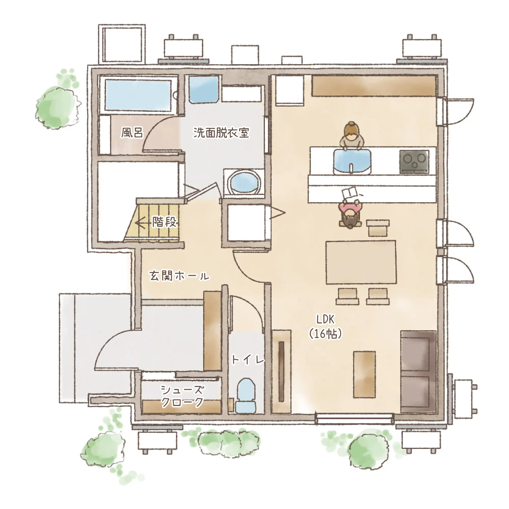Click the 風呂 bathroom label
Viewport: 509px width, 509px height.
(132, 132)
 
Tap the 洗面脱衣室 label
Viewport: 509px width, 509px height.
(221, 132)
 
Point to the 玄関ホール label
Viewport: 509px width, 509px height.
(179, 276)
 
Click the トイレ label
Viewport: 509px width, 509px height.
(248, 360)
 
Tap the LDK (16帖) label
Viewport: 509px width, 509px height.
(326, 327)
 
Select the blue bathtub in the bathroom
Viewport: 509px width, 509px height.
(138, 95)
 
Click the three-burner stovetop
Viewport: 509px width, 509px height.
(414, 162)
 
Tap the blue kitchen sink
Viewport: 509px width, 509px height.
(352, 161)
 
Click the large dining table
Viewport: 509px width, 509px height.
(361, 262)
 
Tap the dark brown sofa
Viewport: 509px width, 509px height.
(418, 372)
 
